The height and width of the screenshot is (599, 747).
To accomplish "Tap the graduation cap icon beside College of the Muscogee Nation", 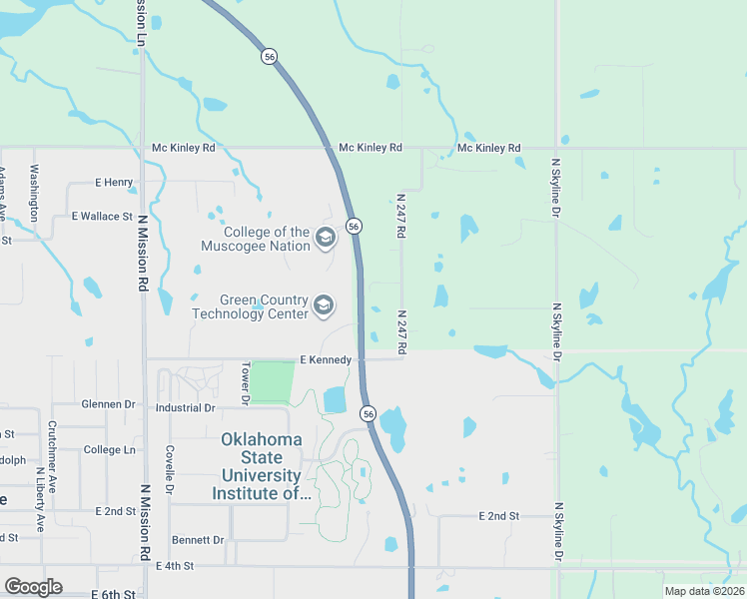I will tap(324, 238).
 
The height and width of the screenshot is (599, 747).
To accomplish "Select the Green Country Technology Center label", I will tap(250, 305).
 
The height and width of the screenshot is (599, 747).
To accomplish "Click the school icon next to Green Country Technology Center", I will tap(323, 305).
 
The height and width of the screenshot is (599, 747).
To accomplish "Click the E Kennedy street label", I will tap(325, 359).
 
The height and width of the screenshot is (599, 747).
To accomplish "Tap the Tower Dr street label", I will tap(244, 384).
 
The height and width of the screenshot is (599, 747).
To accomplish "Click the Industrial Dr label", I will tap(185, 408).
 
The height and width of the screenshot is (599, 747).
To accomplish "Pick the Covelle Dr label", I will tap(171, 469).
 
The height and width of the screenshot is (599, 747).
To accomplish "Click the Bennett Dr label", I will tap(197, 540).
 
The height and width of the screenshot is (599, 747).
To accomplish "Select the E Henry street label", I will tap(113, 183).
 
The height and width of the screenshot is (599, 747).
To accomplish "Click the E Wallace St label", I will tap(102, 216).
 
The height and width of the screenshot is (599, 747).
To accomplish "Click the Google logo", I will tap(33, 587).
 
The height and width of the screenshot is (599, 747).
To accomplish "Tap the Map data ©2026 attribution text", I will tap(703, 591).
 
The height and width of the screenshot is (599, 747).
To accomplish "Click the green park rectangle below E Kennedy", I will tap(272, 382).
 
